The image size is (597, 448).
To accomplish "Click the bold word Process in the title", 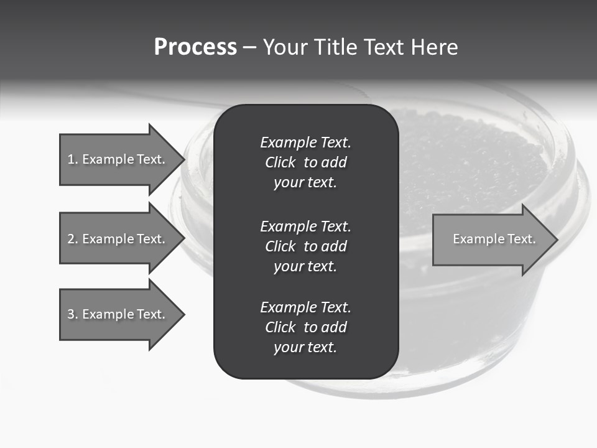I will pos(195,47).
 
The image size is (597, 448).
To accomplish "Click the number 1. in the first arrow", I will pos(73,159).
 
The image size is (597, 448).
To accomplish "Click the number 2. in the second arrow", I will pos(73,239).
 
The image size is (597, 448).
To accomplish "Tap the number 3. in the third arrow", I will pos(73,314).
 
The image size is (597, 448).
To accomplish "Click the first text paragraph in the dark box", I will pos(305,162).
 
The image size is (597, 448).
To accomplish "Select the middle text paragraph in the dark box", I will pos(305,246).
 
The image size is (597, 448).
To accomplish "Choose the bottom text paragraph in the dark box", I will pos(305,327).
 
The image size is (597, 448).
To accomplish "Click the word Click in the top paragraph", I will pos(280,162).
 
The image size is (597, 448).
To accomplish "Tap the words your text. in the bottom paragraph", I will pos(305,347).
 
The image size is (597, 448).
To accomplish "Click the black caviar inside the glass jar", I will pos(473,162).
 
